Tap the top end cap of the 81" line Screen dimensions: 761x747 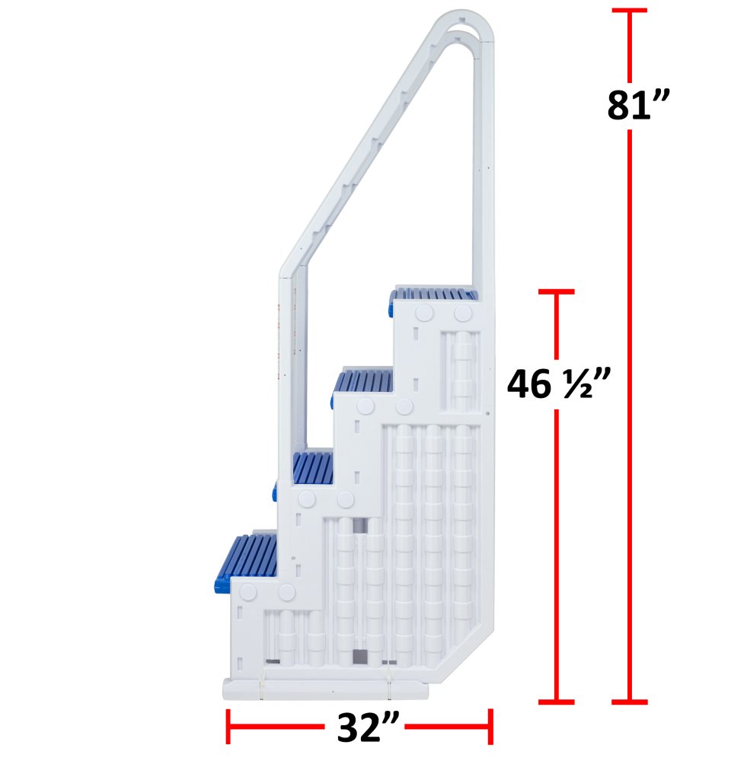click(x=629, y=11)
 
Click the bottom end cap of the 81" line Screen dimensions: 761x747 click(x=629, y=701)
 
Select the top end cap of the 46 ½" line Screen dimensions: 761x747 click(x=555, y=291)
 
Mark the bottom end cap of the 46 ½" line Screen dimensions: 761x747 click(x=555, y=701)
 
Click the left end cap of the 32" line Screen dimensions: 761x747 click(x=228, y=727)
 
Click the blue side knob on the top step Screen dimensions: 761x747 click(x=390, y=308)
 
